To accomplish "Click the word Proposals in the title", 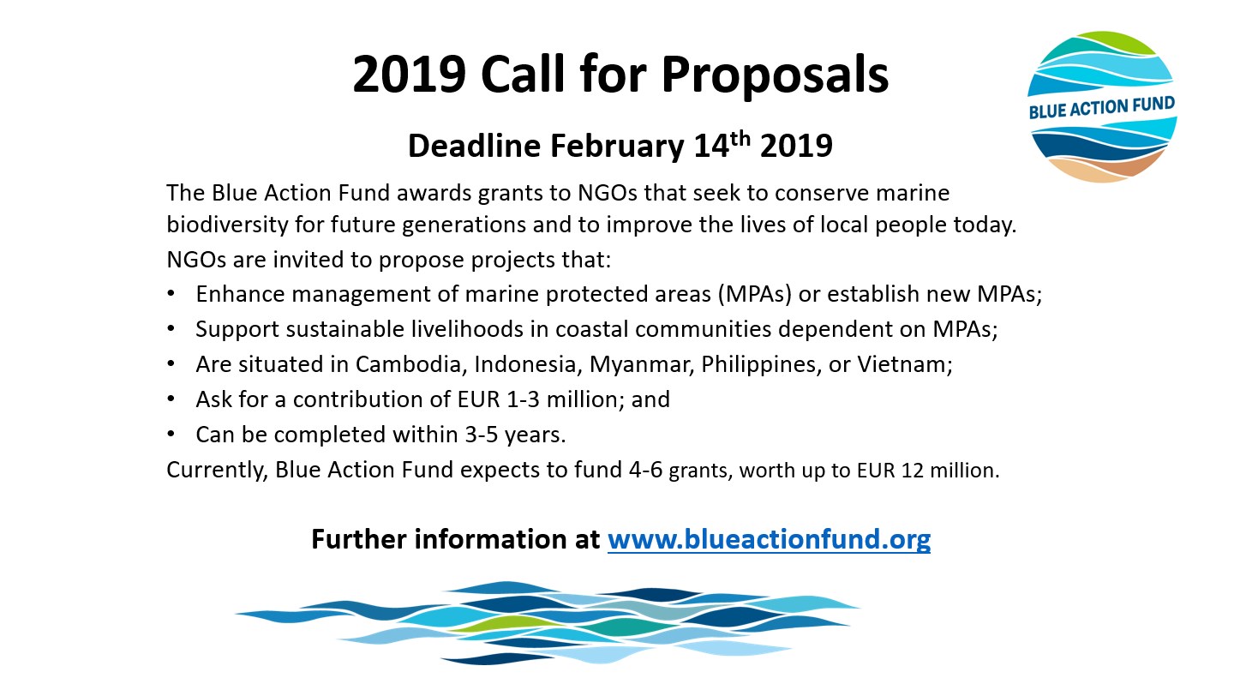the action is click(775, 75).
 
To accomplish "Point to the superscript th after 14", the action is click(740, 138).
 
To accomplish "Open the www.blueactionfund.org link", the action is click(769, 539).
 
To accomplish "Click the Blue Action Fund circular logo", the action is click(1102, 107).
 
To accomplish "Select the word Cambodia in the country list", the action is click(408, 364).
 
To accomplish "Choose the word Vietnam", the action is click(905, 364).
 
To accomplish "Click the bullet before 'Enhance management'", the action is click(171, 294).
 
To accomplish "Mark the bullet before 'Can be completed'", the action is click(171, 435).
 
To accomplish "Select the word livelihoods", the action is click(467, 329).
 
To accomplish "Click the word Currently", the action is click(217, 471).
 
